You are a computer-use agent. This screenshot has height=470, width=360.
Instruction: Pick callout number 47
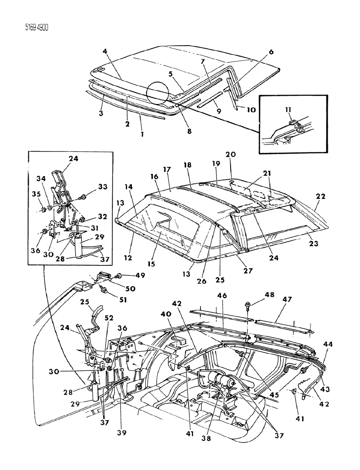[287, 299]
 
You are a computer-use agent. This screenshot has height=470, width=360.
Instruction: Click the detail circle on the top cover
[157, 94]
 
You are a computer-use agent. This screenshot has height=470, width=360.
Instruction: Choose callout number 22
[321, 197]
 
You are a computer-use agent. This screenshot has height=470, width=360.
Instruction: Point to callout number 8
[189, 131]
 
